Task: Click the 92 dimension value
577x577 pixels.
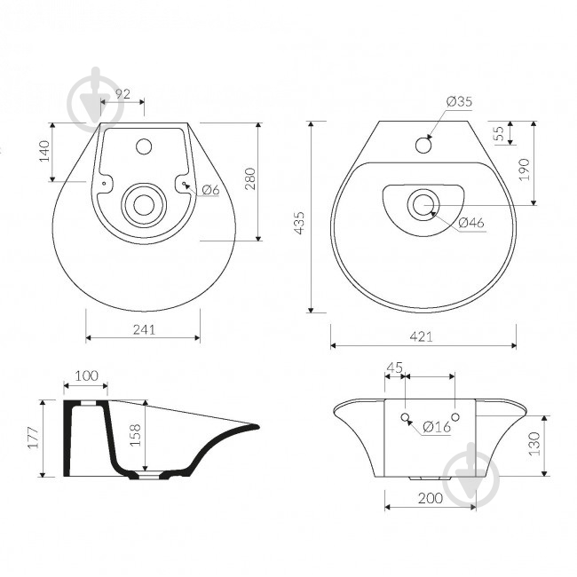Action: click(x=123, y=94)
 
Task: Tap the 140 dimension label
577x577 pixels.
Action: click(x=44, y=151)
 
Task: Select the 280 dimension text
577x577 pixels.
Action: click(x=250, y=178)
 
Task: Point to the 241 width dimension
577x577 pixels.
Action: click(x=144, y=329)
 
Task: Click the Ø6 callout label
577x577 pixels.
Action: click(x=210, y=190)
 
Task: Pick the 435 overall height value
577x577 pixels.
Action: click(x=300, y=223)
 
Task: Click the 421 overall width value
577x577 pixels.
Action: click(x=422, y=336)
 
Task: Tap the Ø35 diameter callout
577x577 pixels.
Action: click(x=459, y=101)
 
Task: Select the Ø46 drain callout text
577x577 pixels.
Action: click(x=471, y=223)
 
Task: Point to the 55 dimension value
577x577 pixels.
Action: click(x=500, y=133)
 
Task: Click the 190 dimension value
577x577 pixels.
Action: click(x=524, y=170)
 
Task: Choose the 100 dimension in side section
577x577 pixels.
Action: click(x=87, y=375)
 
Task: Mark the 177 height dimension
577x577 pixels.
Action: click(x=34, y=438)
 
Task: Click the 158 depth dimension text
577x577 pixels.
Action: click(x=136, y=435)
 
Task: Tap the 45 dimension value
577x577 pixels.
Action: click(x=395, y=368)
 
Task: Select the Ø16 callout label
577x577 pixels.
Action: click(x=437, y=427)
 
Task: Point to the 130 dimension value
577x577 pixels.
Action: click(x=534, y=444)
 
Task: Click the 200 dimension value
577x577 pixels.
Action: click(x=431, y=498)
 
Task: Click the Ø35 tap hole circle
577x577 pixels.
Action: click(x=423, y=145)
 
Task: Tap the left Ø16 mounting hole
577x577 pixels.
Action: click(x=405, y=417)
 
